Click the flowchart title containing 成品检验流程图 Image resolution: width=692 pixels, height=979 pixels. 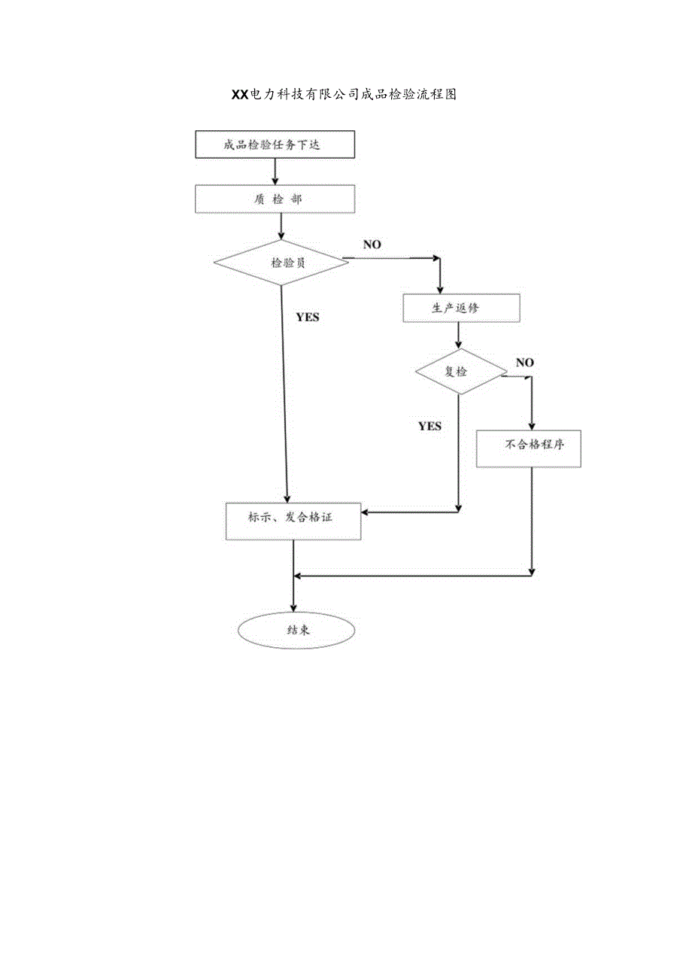[x=344, y=95]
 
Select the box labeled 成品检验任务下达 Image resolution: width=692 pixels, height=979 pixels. [x=275, y=144]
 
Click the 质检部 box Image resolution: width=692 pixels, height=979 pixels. [x=275, y=199]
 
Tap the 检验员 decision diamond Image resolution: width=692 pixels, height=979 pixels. [x=281, y=263]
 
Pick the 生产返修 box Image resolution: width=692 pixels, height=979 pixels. [x=460, y=309]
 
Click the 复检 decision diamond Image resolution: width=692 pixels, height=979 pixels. [x=461, y=371]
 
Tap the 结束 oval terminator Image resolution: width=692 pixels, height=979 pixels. [x=296, y=631]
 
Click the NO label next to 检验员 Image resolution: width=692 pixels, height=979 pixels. [x=372, y=244]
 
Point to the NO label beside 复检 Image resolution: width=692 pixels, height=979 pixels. [x=524, y=363]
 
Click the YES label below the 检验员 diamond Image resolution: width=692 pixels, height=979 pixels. [x=307, y=317]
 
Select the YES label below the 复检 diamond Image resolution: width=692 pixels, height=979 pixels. [x=429, y=426]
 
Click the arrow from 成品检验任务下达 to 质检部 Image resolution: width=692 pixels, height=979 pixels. [x=275, y=172]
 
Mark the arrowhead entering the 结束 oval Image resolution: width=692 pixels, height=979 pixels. [x=293, y=608]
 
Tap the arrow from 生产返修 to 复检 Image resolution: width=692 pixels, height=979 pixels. [x=458, y=336]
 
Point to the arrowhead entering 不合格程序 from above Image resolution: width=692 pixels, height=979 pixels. [x=533, y=426]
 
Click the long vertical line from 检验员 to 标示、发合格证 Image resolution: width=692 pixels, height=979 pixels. [x=284, y=391]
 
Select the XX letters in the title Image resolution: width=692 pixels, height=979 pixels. [x=238, y=95]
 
